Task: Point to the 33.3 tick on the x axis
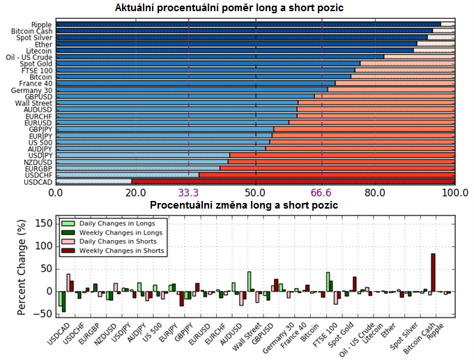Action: [189, 193]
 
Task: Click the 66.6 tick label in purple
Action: [322, 193]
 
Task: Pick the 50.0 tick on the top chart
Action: [256, 193]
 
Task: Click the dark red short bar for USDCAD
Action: [293, 182]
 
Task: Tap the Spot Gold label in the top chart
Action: [37, 63]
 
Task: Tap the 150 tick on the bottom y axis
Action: [43, 224]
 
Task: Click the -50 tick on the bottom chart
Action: [43, 313]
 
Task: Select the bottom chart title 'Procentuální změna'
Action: [244, 205]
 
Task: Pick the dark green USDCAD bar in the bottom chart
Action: [63, 301]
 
